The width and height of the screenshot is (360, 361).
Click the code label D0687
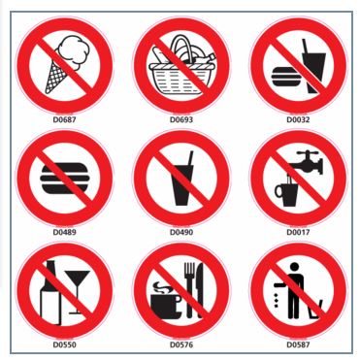tap(64, 119)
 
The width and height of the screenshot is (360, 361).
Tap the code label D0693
tap(181, 119)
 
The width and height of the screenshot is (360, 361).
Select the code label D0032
tap(298, 119)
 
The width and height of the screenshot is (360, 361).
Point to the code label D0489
tap(64, 232)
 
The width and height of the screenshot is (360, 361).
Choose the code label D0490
tap(181, 232)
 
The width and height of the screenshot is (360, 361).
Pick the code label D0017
tap(298, 232)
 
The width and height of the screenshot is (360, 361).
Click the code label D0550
tap(64, 345)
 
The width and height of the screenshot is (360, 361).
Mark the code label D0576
tap(181, 345)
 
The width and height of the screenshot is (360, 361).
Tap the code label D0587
tap(298, 345)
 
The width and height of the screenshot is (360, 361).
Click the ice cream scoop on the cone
tap(71, 51)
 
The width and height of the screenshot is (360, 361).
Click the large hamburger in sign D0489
tap(65, 179)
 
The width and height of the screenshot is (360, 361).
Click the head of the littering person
tap(294, 267)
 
